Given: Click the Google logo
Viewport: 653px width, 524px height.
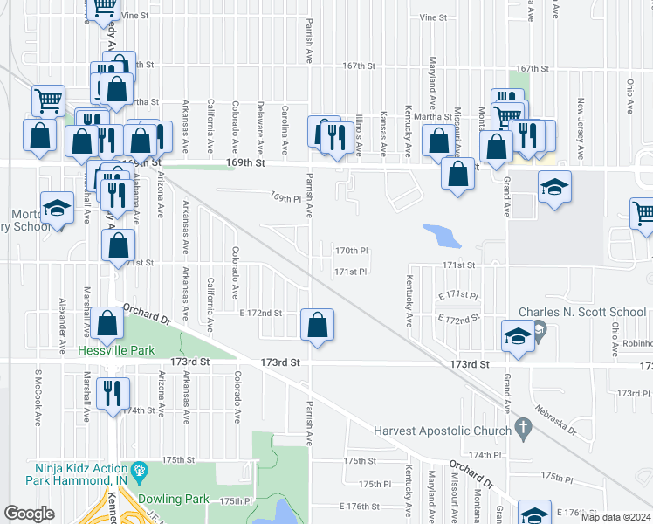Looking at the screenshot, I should point(31,514).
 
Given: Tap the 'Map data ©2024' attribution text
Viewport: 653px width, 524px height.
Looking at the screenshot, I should point(615,517).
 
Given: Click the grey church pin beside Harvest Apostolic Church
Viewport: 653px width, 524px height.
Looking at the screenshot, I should point(523,428).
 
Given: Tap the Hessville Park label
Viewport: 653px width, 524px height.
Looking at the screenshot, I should point(116,350).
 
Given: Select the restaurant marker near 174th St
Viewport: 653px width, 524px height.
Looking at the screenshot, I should point(113,393).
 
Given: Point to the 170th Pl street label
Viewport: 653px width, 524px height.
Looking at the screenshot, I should point(351,251).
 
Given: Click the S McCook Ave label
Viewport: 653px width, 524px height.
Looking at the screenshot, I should point(38,397).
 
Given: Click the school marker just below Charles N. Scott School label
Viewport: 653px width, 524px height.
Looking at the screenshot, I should point(518,336).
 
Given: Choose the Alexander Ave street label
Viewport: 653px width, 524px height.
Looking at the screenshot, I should point(62,321).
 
